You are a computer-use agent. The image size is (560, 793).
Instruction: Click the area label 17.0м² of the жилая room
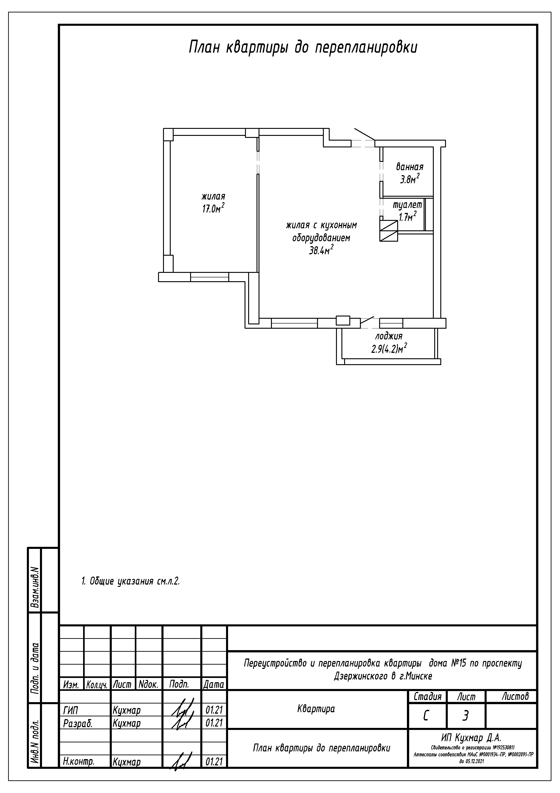point(213,208)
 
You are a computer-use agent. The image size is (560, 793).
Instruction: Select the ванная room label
point(410,167)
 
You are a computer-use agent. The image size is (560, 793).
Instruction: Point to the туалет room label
point(408,205)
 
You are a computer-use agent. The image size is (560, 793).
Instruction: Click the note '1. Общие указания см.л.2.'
point(131,581)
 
